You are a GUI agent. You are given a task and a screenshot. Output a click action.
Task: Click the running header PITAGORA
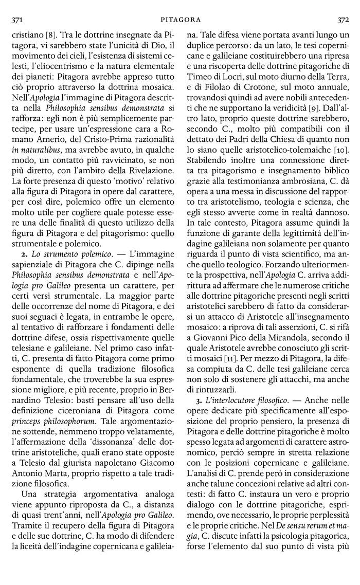coord(180,20)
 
